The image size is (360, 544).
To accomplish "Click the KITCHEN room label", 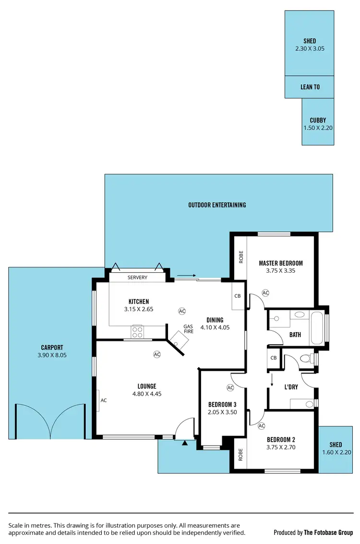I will click(138, 302).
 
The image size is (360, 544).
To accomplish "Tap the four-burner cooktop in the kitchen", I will click(137, 332).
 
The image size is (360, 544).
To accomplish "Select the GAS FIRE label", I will click(189, 329).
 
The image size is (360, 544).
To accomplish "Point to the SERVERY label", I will click(137, 278).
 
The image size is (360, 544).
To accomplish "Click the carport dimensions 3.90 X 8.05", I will click(52, 356).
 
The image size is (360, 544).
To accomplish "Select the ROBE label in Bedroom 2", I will click(240, 454).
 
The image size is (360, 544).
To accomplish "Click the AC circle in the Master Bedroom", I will click(265, 292).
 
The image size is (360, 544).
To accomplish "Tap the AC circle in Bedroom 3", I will click(230, 387).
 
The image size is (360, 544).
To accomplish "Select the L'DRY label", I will click(291, 387).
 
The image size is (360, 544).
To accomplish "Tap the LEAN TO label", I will click(310, 87).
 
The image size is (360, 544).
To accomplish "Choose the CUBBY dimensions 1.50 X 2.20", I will click(318, 128).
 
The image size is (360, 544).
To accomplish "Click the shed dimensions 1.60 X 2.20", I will click(336, 452).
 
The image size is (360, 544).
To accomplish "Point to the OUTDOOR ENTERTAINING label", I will click(217, 205).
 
